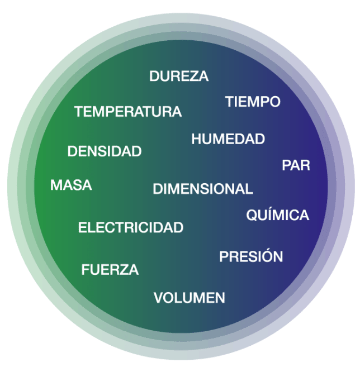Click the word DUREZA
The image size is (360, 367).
point(179,76)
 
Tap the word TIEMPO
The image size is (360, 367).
point(253,102)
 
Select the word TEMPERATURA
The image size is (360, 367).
point(128,111)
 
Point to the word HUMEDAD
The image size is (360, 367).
point(228,139)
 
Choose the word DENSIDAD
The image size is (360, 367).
point(105,151)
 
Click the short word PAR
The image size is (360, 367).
point(296,165)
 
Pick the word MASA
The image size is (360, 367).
point(71,185)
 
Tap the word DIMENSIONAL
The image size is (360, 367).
point(203,189)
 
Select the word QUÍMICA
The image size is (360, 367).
point(278,214)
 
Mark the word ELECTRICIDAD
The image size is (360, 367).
point(131,227)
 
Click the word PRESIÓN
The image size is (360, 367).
point(251,256)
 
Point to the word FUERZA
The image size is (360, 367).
point(110,269)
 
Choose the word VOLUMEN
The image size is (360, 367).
point(190,298)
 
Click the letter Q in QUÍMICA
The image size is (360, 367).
point(252,215)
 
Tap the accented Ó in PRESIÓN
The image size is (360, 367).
point(267,256)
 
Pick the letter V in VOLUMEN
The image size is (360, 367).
point(159,298)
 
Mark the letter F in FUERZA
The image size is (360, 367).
point(86,269)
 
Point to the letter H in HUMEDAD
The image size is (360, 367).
point(196,139)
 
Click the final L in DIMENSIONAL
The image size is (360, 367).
point(249,189)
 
